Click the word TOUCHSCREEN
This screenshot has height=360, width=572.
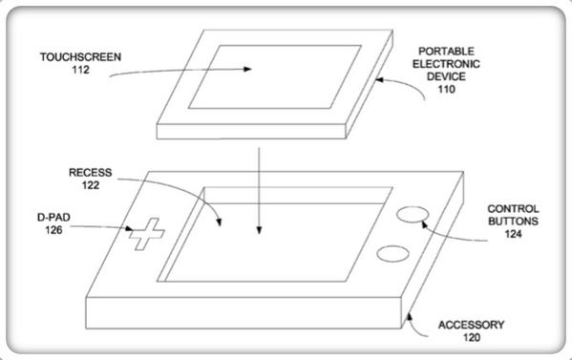(80, 57)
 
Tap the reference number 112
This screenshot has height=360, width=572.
(80, 70)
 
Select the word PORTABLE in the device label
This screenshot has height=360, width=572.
(446, 51)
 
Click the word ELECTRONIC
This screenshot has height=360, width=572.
(446, 64)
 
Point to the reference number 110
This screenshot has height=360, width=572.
(447, 89)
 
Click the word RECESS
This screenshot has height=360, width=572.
(90, 173)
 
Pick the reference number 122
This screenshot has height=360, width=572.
(91, 185)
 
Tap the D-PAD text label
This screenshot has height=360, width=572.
(53, 218)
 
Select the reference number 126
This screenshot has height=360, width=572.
(53, 230)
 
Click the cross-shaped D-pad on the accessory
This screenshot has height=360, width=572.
(147, 234)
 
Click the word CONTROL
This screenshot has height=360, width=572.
(513, 209)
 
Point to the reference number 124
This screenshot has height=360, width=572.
(513, 234)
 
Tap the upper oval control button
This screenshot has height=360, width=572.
(413, 214)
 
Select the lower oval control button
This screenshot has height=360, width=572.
(392, 254)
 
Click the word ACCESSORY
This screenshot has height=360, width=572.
(472, 325)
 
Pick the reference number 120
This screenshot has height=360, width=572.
(472, 337)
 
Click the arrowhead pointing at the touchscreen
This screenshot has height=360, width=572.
(247, 69)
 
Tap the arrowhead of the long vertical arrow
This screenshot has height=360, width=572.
(259, 230)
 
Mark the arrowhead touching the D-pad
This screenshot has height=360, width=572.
(129, 228)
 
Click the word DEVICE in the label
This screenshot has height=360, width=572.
(446, 76)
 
